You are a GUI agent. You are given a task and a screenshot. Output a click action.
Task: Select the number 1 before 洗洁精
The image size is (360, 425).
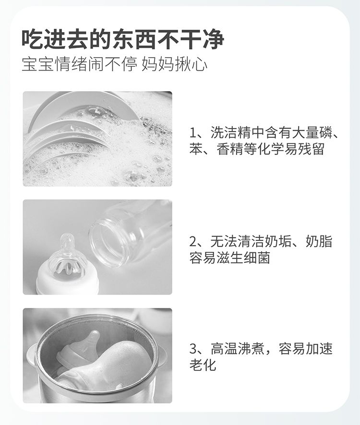click(x=192, y=133)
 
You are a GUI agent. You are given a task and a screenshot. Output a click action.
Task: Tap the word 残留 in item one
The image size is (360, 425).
click(x=311, y=149)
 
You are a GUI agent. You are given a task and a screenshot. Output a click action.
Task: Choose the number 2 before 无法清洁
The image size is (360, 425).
click(x=193, y=241)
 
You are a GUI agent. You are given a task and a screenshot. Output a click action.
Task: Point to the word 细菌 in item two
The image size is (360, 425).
click(x=257, y=258)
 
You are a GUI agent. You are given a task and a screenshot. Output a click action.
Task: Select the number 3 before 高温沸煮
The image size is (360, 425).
click(x=193, y=349)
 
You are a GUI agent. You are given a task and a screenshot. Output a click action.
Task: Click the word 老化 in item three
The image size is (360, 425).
click(x=203, y=365)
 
